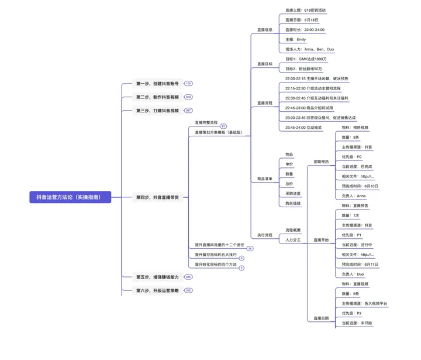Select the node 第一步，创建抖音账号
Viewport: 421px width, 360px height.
(x=157, y=84)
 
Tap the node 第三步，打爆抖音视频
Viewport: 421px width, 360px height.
(x=157, y=110)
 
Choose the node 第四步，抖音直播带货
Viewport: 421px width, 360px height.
(x=158, y=197)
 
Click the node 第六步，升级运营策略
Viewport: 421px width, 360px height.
(x=157, y=290)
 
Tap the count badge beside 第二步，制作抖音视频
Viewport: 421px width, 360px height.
(x=188, y=97)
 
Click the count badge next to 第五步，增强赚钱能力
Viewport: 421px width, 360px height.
(x=188, y=277)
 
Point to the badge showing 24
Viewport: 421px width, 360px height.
(x=250, y=249)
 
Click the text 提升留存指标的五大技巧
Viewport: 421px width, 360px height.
(x=216, y=255)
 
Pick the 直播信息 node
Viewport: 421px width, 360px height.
(x=265, y=29)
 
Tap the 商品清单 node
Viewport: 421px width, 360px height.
(x=265, y=178)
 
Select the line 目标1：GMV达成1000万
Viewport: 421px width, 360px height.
(x=306, y=59)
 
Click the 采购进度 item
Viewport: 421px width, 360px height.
(x=293, y=193)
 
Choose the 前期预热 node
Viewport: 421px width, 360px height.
(x=321, y=162)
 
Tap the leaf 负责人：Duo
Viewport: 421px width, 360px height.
(x=353, y=274)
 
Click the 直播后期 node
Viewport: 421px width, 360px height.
(x=321, y=318)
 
